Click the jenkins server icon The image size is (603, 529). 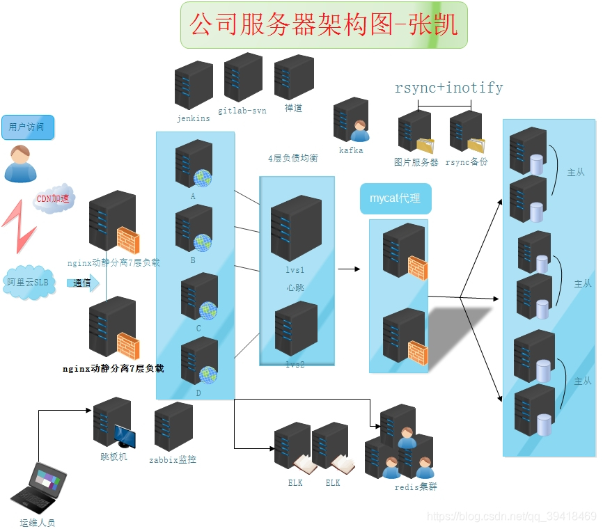pyautogui.click(x=194, y=85)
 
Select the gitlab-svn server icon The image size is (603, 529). pyautogui.click(x=242, y=77)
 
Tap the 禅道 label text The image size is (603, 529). pyautogui.click(x=293, y=109)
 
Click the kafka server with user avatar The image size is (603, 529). pyautogui.click(x=351, y=120)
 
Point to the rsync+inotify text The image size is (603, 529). pyautogui.click(x=448, y=88)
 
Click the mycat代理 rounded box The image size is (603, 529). pyautogui.click(x=395, y=198)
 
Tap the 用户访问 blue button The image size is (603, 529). pyautogui.click(x=27, y=127)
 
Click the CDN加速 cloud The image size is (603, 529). pyautogui.click(x=53, y=200)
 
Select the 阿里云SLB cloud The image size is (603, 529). pyautogui.click(x=29, y=283)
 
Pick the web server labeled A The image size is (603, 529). pyautogui.click(x=194, y=164)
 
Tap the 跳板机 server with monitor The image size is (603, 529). pyautogui.click(x=113, y=423)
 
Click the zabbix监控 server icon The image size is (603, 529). pyautogui.click(x=173, y=426)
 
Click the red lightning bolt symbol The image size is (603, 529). pyautogui.click(x=19, y=226)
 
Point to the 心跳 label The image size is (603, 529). pyautogui.click(x=295, y=287)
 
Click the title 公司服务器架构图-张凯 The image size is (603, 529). pyautogui.click(x=324, y=25)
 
